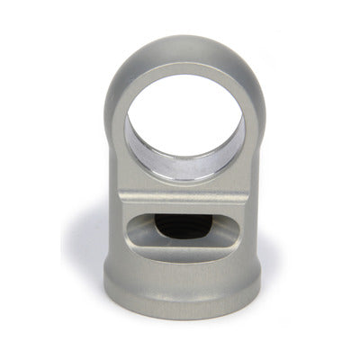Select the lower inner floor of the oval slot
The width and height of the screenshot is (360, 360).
point(184,247)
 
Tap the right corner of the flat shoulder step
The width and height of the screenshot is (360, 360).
point(249,192)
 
